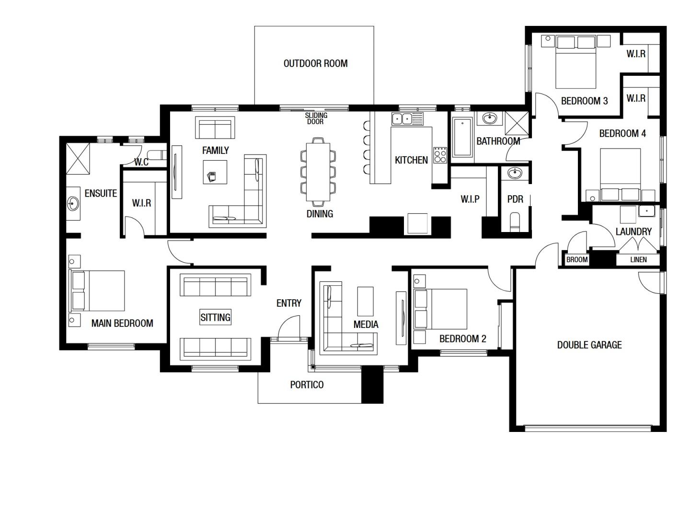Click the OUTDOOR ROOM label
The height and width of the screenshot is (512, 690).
(315, 63)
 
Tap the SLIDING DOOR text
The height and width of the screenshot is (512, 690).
(316, 118)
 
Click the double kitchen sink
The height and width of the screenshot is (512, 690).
(407, 118)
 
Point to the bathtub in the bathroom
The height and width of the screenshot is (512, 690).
(462, 137)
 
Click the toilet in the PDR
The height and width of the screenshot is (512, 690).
(515, 222)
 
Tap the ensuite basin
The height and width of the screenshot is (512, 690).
(73, 204)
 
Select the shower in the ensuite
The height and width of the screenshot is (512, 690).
(78, 158)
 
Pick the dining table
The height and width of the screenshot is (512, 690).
(318, 172)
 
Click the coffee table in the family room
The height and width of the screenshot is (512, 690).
(215, 172)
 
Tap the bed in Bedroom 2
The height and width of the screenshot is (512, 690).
(440, 309)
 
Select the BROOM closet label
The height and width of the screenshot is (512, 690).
(577, 259)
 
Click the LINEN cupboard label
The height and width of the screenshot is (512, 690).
(638, 259)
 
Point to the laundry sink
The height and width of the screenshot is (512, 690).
(647, 211)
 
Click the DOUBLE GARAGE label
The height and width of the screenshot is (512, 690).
(589, 345)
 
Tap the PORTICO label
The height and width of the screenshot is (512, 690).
(307, 384)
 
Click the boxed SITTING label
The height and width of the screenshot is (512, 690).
(215, 317)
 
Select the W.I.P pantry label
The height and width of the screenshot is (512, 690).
(470, 199)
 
